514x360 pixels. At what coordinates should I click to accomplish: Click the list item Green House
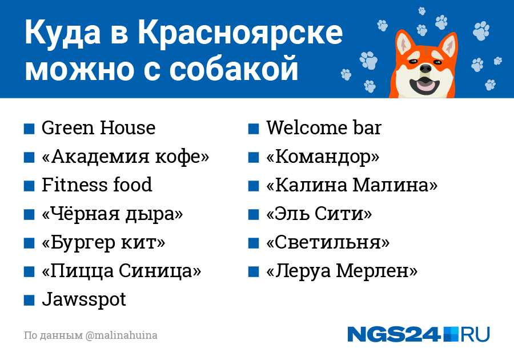coord(98,128)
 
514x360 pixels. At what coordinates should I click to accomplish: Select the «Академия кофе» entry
coord(125,157)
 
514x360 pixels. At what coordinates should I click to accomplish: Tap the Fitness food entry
coord(97,185)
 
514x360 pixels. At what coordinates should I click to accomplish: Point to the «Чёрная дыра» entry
coord(112,214)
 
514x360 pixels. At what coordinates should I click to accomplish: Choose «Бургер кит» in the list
coord(103,243)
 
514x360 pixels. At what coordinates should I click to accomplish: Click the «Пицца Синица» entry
coord(121,271)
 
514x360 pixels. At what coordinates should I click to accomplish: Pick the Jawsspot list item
coord(83,299)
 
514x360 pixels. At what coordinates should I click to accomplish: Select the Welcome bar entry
coord(324,128)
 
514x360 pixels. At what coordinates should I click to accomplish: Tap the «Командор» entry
coord(323,157)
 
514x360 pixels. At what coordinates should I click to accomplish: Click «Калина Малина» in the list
coord(352,185)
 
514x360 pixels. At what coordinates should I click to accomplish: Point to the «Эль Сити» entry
coord(319,214)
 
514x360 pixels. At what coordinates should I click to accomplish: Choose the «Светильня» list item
coord(328,243)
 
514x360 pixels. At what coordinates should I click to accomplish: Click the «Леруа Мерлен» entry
coord(342,271)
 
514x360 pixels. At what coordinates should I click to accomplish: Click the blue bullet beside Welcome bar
coord(254,129)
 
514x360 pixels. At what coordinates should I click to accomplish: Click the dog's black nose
coord(425,69)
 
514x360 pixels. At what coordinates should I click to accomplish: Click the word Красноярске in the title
coord(240,33)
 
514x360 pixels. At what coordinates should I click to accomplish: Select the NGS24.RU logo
coord(419,334)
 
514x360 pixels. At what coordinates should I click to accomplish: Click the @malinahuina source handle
coord(121,335)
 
